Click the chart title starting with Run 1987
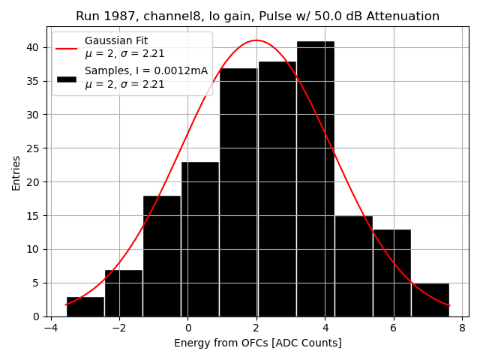pos(257,16)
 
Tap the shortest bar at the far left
pos(85,307)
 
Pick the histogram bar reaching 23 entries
pos(200,239)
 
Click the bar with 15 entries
pos(353,266)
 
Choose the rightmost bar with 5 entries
pos(430,300)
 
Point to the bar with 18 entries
pos(162,256)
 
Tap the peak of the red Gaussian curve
pos(256,40)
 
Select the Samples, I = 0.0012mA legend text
pos(146,71)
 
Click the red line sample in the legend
pos(67,47)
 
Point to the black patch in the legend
pos(67,78)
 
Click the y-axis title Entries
pos(16,172)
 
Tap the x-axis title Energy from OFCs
pos(257,343)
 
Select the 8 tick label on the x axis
pos(462,327)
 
